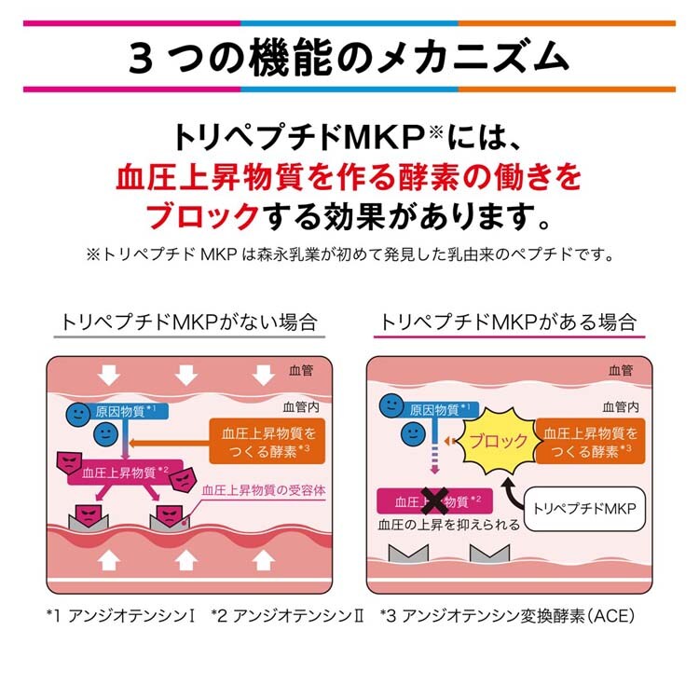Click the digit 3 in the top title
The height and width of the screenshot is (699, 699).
[142, 57]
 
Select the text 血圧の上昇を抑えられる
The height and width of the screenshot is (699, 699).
[448, 525]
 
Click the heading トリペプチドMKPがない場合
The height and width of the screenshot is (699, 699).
[188, 322]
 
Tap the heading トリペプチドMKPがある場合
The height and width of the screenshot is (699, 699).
[509, 322]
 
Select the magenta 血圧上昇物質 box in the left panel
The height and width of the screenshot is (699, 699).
[128, 472]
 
